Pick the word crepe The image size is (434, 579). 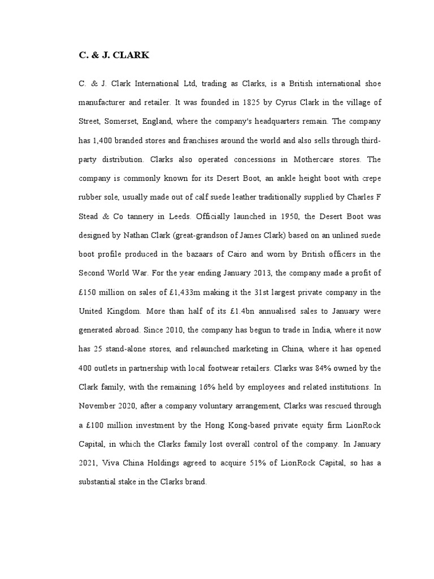(x=370, y=178)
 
